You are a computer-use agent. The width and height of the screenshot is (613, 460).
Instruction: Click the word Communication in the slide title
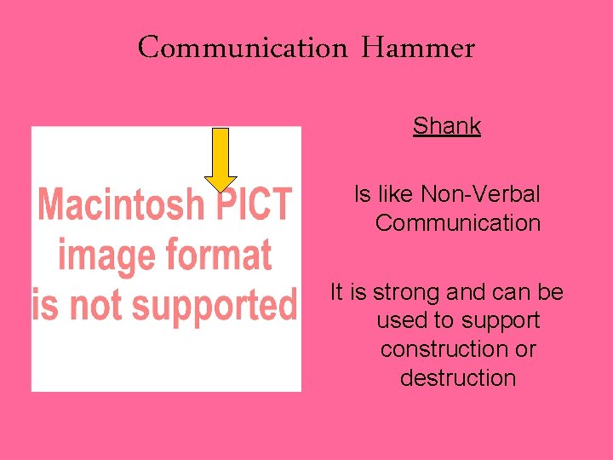click(x=243, y=48)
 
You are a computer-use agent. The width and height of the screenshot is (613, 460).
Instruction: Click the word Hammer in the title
click(x=417, y=48)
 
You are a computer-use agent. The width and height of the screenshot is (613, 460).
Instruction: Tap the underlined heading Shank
click(x=447, y=126)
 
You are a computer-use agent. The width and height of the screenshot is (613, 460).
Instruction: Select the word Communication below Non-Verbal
click(x=458, y=223)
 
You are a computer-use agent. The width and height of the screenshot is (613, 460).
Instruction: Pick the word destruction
click(x=458, y=377)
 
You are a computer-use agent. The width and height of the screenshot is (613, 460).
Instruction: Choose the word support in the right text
click(x=501, y=321)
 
